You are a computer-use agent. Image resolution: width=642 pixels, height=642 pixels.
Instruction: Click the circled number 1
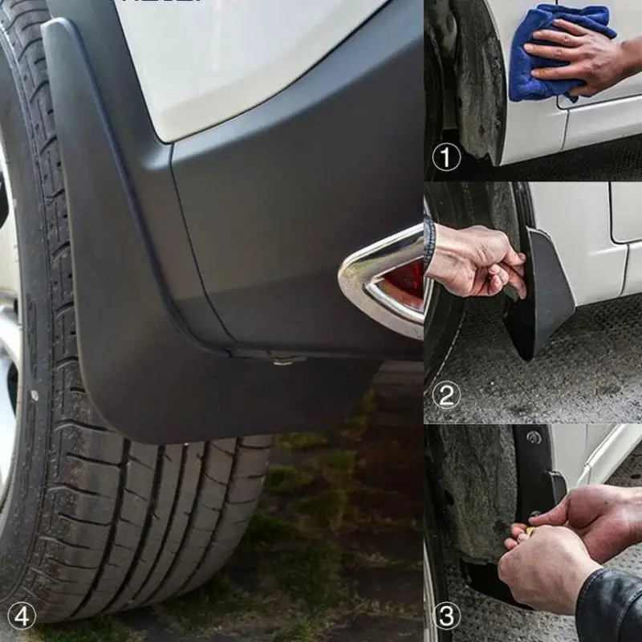446,157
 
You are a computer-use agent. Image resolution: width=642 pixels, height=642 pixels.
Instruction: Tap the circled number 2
446,395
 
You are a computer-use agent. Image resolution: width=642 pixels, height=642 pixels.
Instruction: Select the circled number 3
446,616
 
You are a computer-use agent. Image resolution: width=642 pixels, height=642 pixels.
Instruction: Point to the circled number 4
22,616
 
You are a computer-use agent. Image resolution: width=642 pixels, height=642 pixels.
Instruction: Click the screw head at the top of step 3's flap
533,437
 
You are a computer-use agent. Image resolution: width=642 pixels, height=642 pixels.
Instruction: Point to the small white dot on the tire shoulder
34,395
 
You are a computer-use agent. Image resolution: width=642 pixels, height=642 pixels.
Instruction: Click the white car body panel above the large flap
241,56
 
